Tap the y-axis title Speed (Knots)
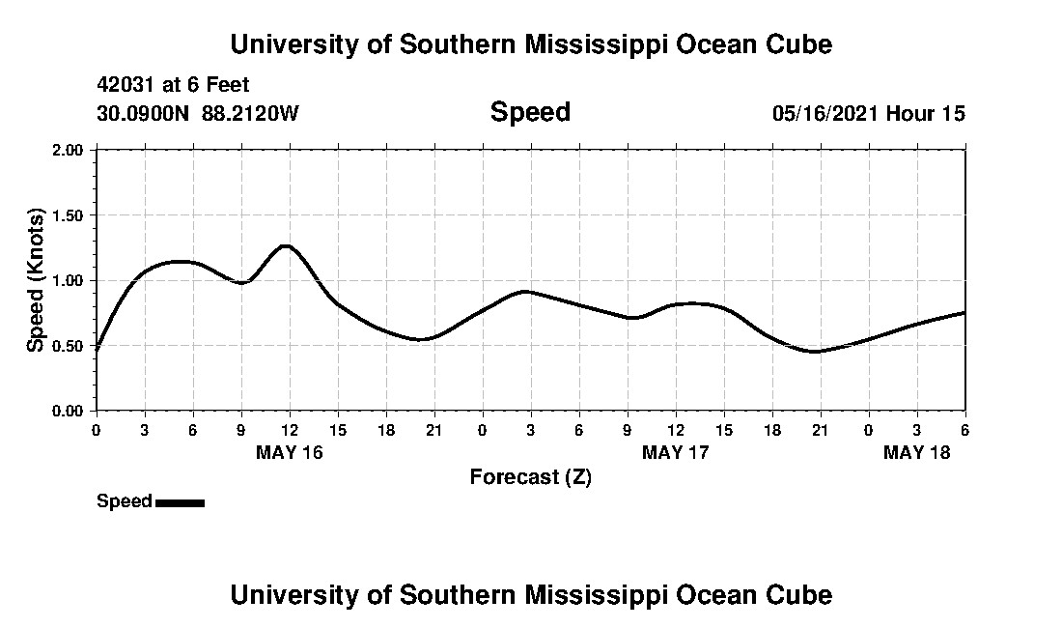pos(36,279)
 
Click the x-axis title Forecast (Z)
pos(530,477)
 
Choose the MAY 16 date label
pos(290,452)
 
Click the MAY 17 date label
pos(676,452)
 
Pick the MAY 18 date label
pos(917,452)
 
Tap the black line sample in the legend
pos(180,502)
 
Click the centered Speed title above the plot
pos(530,112)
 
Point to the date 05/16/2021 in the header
pos(825,114)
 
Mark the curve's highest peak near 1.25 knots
pos(286,245)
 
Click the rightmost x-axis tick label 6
pos(964,430)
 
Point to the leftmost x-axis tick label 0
pos(96,430)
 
